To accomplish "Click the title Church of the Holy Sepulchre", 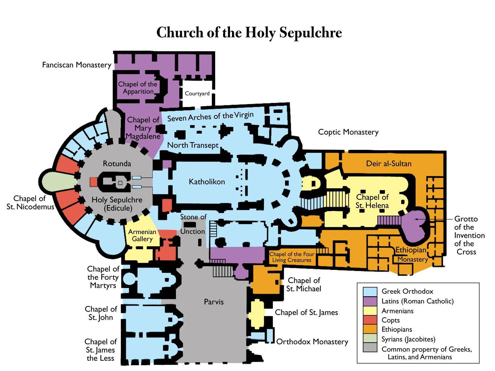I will click(x=249, y=33).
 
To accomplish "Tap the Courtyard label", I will click(x=197, y=93).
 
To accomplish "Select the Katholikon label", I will click(x=207, y=181).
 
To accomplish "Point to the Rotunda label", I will click(x=117, y=164).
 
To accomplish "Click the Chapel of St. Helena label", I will click(x=372, y=201).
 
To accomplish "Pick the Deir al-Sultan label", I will click(x=389, y=164).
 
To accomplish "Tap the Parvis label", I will click(x=214, y=302).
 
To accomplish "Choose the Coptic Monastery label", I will click(x=348, y=132).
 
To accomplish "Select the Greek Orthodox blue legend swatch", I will click(x=370, y=292).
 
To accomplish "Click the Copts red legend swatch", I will click(x=370, y=320).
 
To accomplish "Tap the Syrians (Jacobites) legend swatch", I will click(x=370, y=339).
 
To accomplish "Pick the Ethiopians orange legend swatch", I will click(x=370, y=329).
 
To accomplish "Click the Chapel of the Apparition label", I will click(x=138, y=88).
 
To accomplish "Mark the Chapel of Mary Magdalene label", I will click(x=143, y=128).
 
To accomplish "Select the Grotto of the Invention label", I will click(x=466, y=235).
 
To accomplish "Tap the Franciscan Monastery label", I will click(x=76, y=65).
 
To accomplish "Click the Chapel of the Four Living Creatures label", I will click(x=291, y=257).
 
